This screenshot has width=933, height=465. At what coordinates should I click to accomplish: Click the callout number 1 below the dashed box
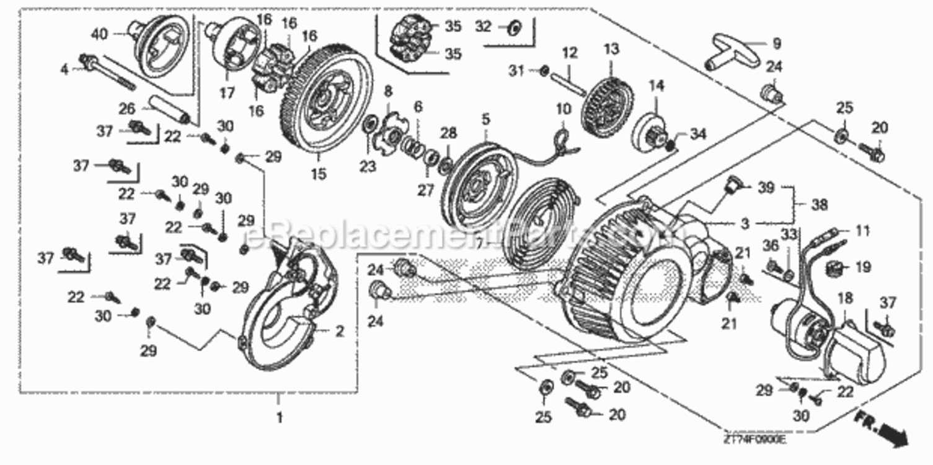pos(279,418)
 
